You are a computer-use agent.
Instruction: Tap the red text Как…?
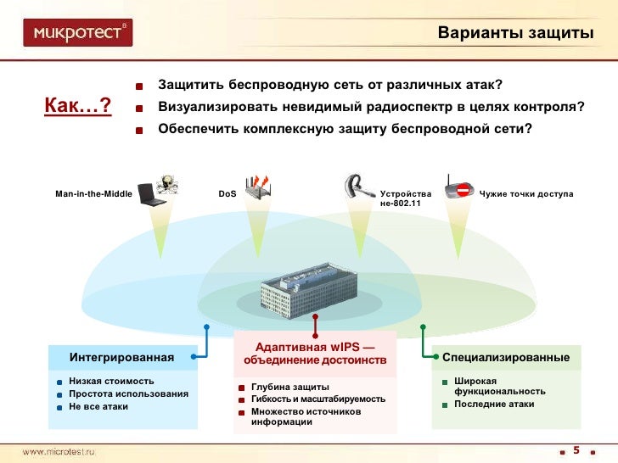pyautogui.click(x=78, y=105)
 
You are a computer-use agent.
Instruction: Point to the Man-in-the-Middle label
pyautogui.click(x=93, y=194)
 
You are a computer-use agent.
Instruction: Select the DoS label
pyautogui.click(x=227, y=194)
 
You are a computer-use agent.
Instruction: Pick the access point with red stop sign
pyautogui.click(x=459, y=187)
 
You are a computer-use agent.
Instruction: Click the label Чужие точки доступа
pyautogui.click(x=526, y=194)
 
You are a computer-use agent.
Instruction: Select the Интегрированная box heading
pyautogui.click(x=121, y=357)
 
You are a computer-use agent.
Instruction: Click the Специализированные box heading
pyautogui.click(x=506, y=357)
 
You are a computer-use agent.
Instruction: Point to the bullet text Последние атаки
pyautogui.click(x=494, y=404)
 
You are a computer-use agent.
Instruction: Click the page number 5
pyautogui.click(x=576, y=449)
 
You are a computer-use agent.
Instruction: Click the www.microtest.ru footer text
pyautogui.click(x=59, y=451)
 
